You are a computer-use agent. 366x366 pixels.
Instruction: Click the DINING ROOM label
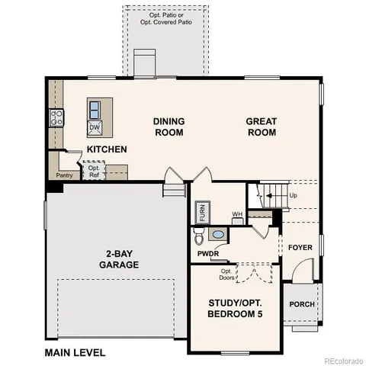(x=169, y=127)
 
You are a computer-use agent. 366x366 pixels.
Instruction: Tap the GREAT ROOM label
(x=262, y=127)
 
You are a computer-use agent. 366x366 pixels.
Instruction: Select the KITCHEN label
(x=106, y=149)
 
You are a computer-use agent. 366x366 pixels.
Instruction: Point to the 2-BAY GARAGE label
(x=118, y=259)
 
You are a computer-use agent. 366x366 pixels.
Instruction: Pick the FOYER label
(x=300, y=248)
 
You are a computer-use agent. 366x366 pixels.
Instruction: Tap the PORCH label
(x=302, y=304)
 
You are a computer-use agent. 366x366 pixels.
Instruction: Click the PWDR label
(x=207, y=253)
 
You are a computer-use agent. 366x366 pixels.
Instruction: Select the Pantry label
(x=64, y=175)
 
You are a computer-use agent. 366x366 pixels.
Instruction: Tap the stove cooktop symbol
(x=56, y=117)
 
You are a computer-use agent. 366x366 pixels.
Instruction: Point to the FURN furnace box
(x=202, y=211)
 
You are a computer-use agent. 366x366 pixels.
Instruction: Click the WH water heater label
(x=237, y=214)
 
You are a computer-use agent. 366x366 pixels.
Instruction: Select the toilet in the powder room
(x=218, y=235)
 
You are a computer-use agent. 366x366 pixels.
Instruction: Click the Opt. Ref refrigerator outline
(x=95, y=172)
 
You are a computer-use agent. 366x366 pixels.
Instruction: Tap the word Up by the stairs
(x=294, y=195)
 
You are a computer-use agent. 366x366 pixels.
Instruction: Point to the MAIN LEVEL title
(x=75, y=352)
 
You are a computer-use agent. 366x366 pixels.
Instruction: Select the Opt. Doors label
(x=226, y=273)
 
